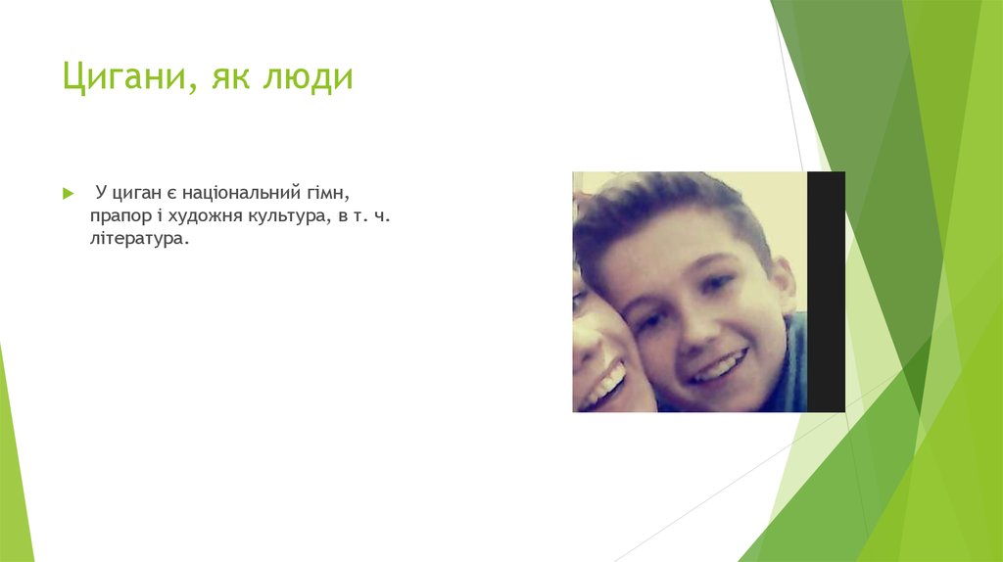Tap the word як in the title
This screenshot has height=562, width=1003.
pyautogui.click(x=226, y=77)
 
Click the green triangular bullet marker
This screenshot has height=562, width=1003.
pyautogui.click(x=68, y=194)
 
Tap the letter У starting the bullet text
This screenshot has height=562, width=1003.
pyautogui.click(x=100, y=193)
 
